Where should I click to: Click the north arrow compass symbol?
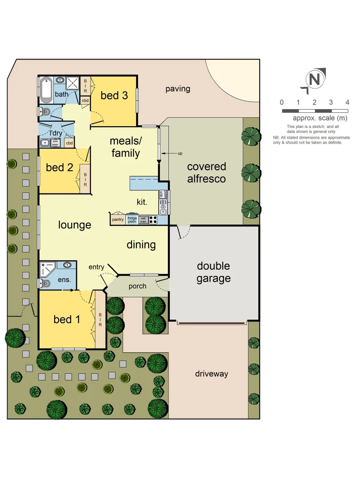[314, 80]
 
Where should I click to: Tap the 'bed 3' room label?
[114, 95]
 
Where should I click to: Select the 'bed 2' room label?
[59, 168]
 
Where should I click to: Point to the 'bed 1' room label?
[67, 319]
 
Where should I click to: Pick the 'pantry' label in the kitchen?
[118, 220]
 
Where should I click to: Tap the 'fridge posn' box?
[132, 220]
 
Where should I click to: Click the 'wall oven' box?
[143, 220]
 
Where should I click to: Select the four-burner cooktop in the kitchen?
[153, 220]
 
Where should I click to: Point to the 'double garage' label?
[213, 272]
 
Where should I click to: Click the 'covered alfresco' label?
[206, 172]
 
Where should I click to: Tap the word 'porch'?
[137, 286]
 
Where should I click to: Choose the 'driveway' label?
[212, 374]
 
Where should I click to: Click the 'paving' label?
[178, 89]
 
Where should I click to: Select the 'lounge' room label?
[75, 225]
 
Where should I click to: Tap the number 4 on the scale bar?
[347, 103]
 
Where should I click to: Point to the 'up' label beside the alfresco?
[180, 154]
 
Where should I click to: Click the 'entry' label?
[96, 267]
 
